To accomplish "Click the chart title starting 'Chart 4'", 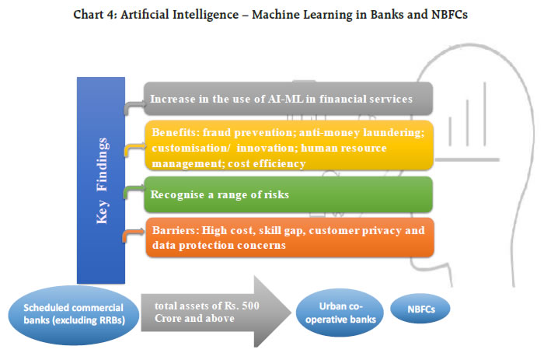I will click(x=271, y=14).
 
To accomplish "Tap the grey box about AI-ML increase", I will click(x=288, y=99).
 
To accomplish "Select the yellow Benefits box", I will click(x=288, y=146).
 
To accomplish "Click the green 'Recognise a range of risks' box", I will click(x=288, y=194).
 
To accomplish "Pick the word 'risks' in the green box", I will click(x=274, y=194).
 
